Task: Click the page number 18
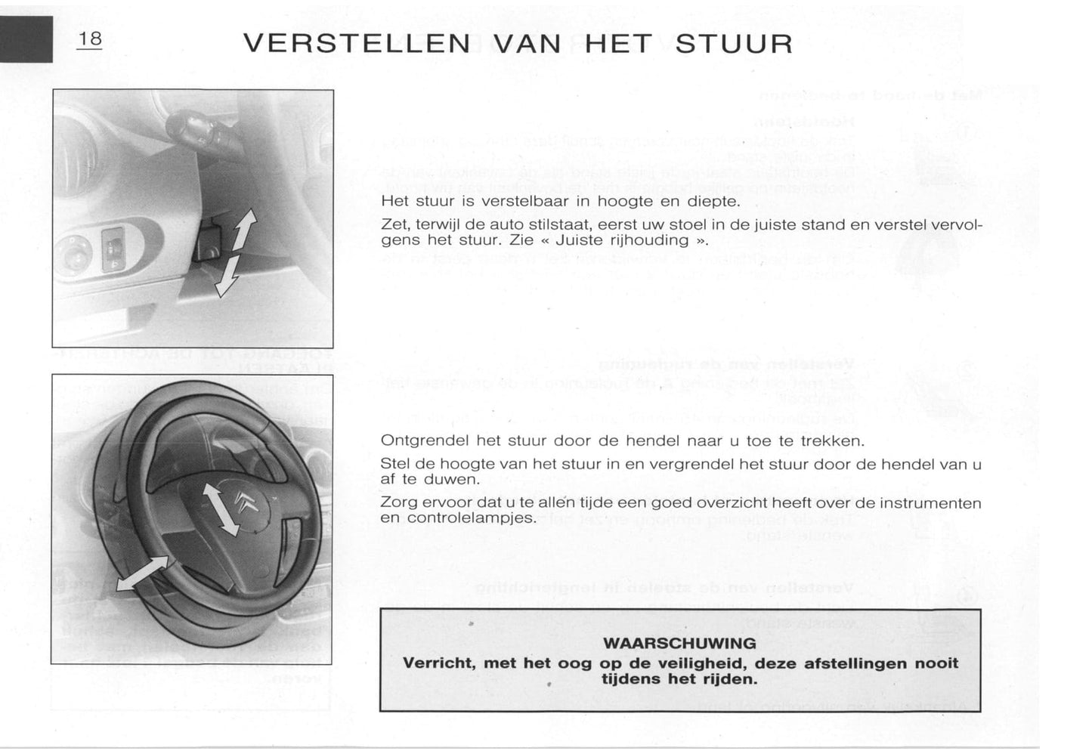tap(90, 39)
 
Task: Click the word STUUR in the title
tap(734, 44)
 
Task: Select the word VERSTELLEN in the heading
tap(357, 44)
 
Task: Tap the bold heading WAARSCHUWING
tap(680, 644)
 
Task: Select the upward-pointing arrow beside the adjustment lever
tap(244, 231)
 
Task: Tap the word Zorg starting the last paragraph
tap(398, 503)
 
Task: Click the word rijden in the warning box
tap(729, 679)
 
